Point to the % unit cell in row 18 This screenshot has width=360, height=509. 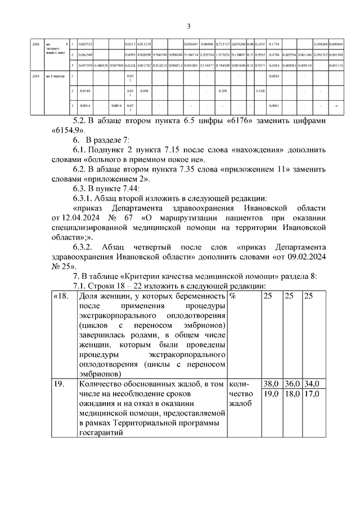tap(233, 296)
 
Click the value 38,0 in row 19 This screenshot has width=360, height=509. tap(272, 384)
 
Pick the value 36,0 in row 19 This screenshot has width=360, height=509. tap(291, 384)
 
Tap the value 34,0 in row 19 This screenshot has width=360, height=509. tap(311, 384)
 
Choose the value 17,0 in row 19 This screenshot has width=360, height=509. tap(311, 394)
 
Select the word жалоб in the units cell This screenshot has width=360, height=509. tap(240, 403)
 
